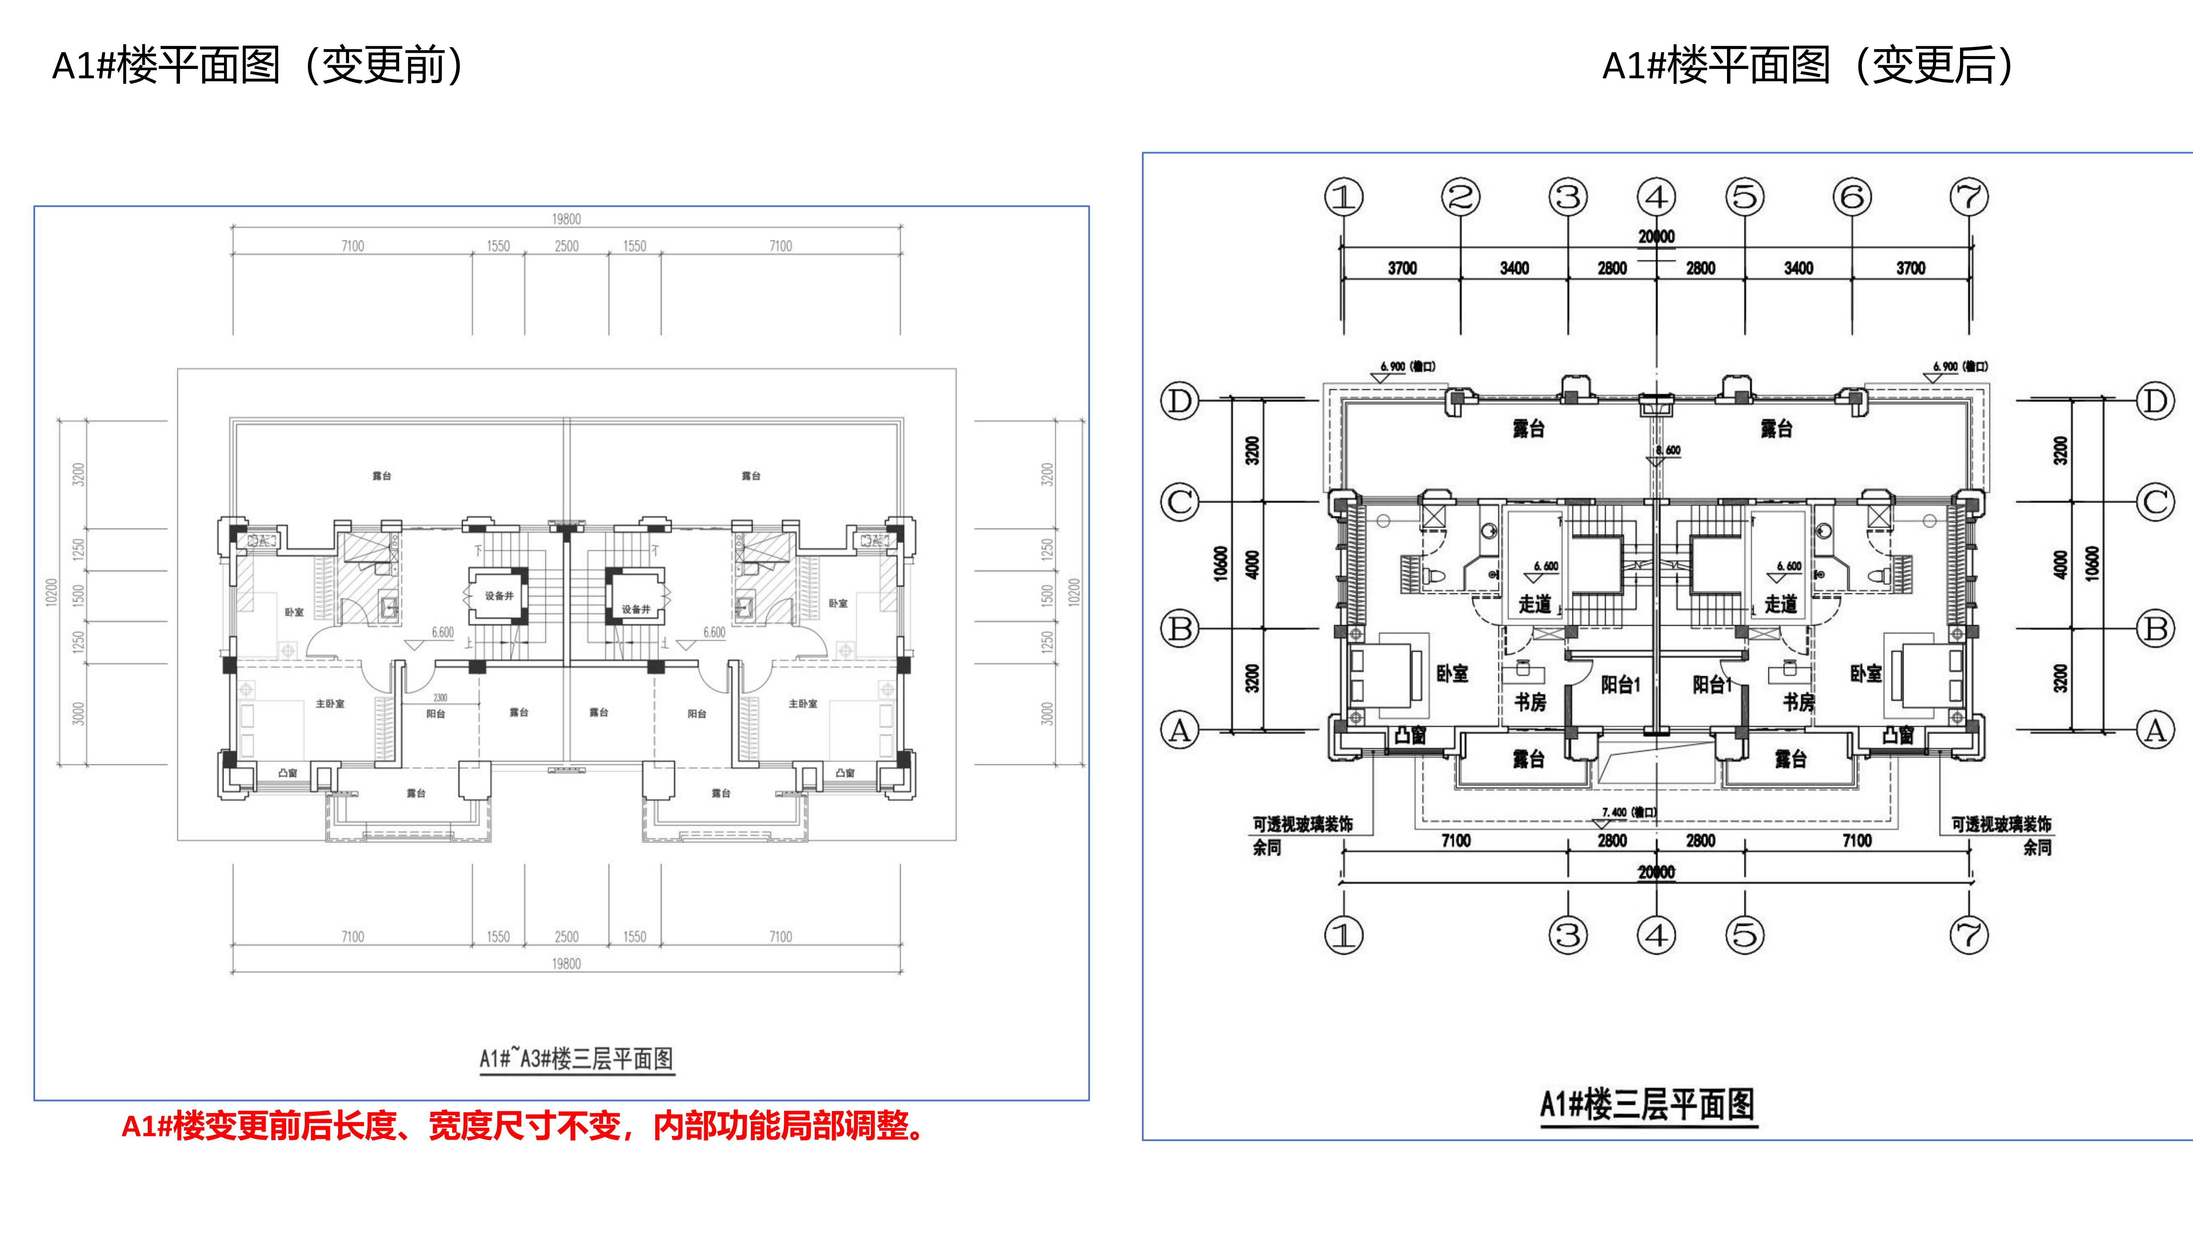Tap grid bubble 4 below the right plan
1656,935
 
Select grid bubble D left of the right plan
1180,400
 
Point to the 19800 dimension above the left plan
566,219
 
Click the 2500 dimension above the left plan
566,246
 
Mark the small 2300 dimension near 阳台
440,698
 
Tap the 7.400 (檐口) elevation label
1628,812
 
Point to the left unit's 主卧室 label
330,704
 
